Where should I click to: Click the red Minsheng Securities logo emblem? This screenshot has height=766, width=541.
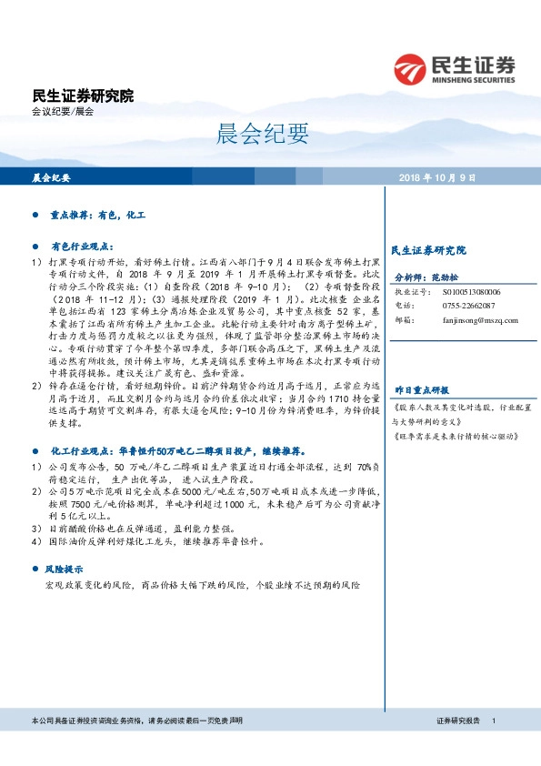click(412, 69)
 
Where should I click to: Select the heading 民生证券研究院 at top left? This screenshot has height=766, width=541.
click(82, 95)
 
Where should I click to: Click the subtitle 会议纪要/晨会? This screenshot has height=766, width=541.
click(62, 111)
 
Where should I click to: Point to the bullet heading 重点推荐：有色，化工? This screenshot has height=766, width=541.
click(97, 217)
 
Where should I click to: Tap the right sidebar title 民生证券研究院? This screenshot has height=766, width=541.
click(427, 249)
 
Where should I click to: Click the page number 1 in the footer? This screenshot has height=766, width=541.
click(494, 721)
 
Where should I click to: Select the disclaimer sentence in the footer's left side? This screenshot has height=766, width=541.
click(136, 721)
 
